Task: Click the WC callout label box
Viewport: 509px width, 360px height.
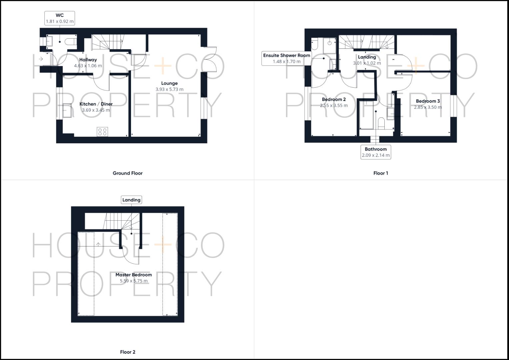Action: pyautogui.click(x=60, y=18)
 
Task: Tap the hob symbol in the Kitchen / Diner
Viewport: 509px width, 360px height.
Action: pyautogui.click(x=102, y=132)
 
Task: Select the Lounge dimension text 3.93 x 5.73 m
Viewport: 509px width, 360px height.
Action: pyautogui.click(x=169, y=89)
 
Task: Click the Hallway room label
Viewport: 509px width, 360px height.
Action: pyautogui.click(x=88, y=60)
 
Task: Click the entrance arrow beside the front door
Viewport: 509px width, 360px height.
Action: pyautogui.click(x=41, y=59)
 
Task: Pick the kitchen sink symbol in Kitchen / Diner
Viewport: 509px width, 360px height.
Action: pyautogui.click(x=67, y=110)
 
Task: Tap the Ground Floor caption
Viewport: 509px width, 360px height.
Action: pyautogui.click(x=127, y=173)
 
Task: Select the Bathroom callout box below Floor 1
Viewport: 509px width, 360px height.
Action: pyautogui.click(x=376, y=152)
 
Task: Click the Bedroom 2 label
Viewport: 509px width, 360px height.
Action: pyautogui.click(x=334, y=99)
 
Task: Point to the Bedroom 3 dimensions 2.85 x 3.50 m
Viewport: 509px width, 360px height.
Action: pyautogui.click(x=428, y=107)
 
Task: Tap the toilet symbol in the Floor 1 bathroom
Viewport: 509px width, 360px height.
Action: pyautogui.click(x=381, y=124)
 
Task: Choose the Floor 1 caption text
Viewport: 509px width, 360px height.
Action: pyautogui.click(x=381, y=173)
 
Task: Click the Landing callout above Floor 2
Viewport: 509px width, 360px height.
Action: pyautogui.click(x=131, y=200)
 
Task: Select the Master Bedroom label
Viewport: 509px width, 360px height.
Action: pyautogui.click(x=134, y=275)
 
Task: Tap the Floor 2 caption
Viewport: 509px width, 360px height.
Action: pyautogui.click(x=128, y=352)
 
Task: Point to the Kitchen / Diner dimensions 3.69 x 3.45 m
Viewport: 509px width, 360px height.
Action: pyautogui.click(x=96, y=110)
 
